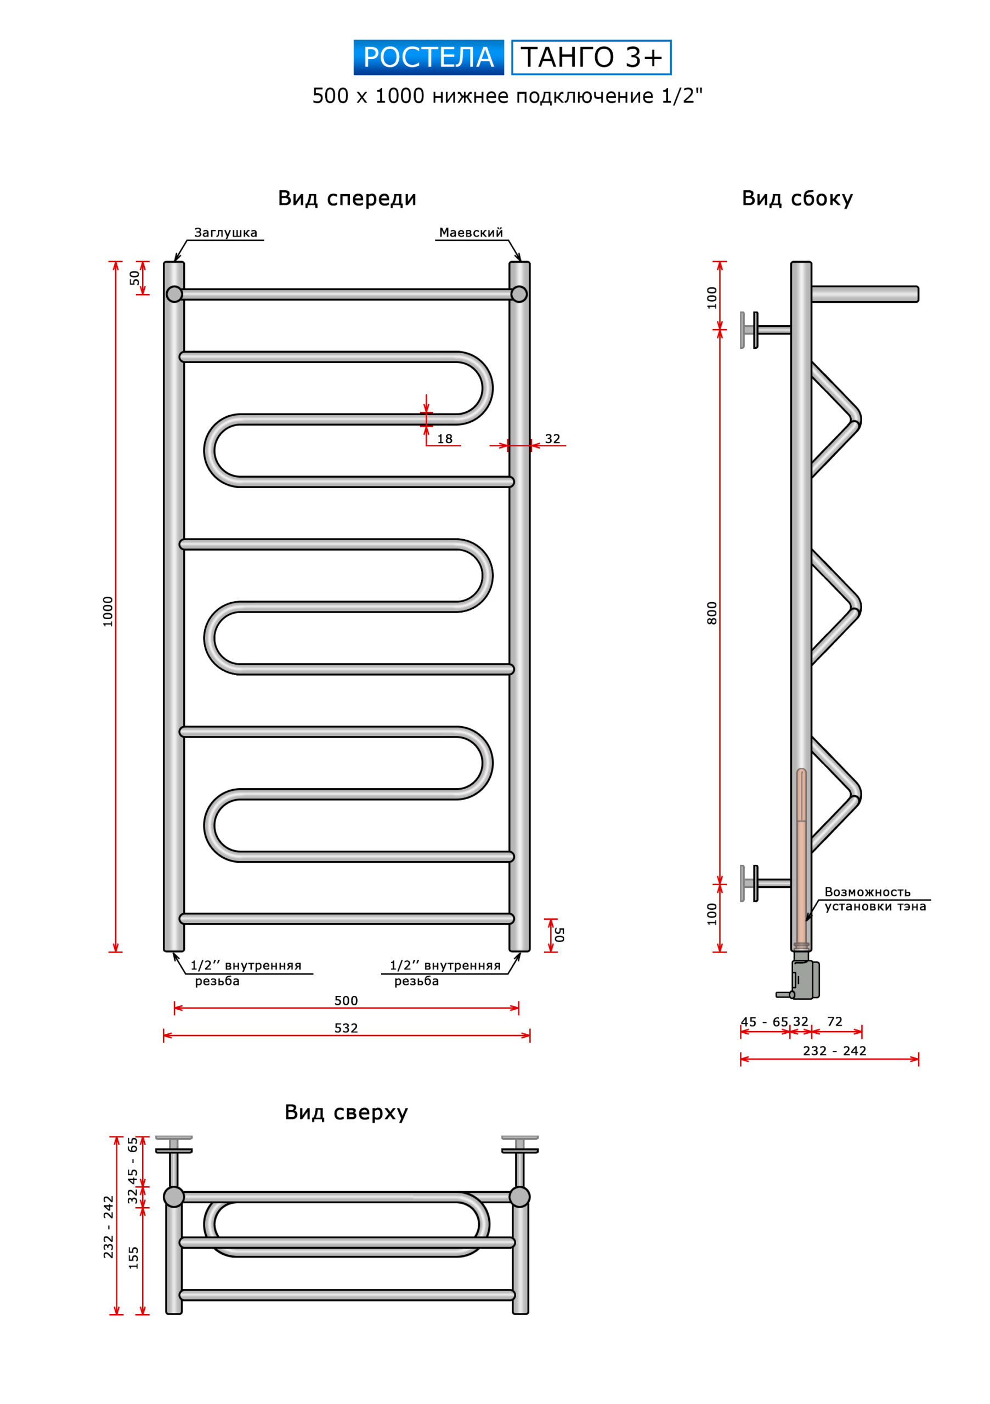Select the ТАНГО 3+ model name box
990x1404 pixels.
click(591, 58)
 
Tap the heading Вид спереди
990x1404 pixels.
click(347, 198)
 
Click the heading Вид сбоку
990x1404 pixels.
click(797, 198)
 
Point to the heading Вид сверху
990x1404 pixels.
click(346, 1112)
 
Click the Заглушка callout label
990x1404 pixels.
click(225, 233)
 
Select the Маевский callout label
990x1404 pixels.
click(471, 233)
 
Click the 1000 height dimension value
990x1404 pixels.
click(108, 611)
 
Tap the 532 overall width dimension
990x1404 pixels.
click(346, 1028)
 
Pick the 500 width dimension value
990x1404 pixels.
click(346, 1000)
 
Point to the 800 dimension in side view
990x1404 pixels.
click(712, 613)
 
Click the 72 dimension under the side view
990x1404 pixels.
click(835, 1021)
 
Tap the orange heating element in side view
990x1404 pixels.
click(801, 868)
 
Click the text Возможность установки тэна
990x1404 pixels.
click(874, 899)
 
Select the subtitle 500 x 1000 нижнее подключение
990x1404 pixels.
click(507, 96)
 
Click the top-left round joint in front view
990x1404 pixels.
click(174, 294)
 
